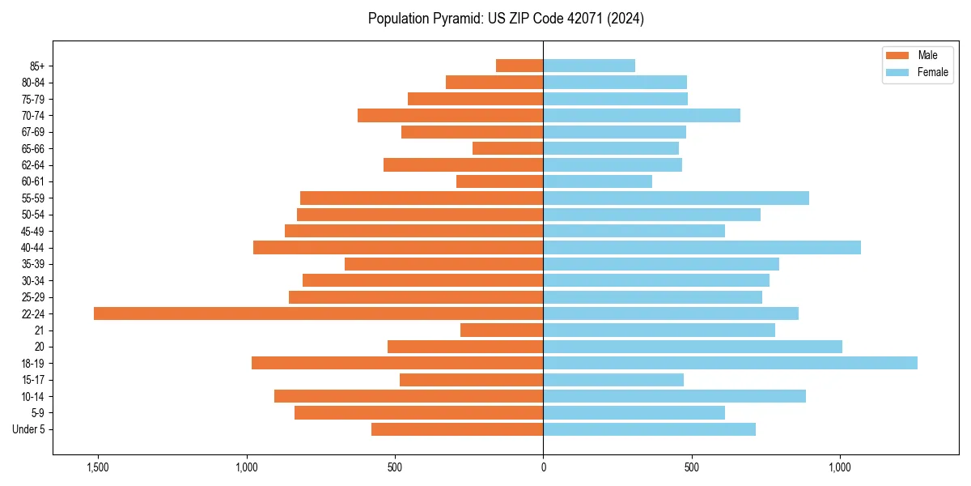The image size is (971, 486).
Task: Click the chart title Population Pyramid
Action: point(506,19)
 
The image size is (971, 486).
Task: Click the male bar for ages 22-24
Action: point(318,313)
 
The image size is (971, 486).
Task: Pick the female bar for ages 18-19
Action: point(730,363)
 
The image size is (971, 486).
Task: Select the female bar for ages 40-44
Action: point(702,247)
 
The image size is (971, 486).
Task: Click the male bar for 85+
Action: point(519,66)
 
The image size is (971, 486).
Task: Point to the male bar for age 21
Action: point(502,330)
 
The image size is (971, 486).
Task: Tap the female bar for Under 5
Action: point(649,429)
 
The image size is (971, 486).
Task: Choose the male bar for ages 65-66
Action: point(507,148)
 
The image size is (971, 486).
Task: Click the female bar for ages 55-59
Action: point(676,198)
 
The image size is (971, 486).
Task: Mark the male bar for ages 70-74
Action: point(450,115)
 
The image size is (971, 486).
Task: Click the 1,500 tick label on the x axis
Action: point(97,467)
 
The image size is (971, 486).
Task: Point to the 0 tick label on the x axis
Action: point(543,467)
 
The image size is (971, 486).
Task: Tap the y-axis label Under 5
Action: point(28,429)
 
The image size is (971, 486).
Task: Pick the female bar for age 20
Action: point(693,347)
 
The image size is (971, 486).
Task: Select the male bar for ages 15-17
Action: point(471,380)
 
